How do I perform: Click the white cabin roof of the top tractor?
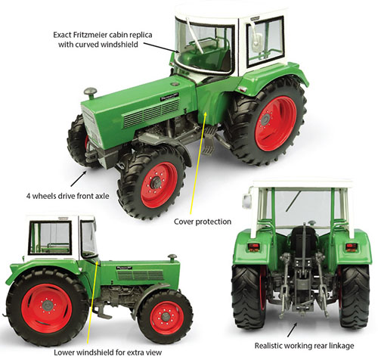[x=208, y=10]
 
